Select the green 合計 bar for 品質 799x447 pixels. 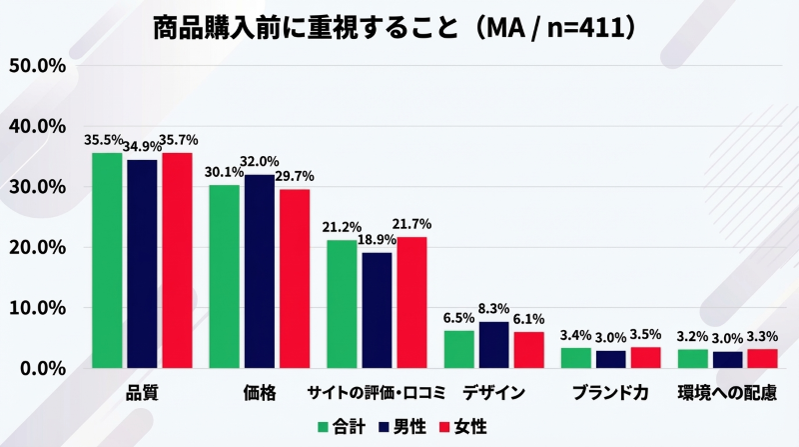pyautogui.click(x=107, y=260)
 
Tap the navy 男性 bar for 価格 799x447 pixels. pyautogui.click(x=260, y=271)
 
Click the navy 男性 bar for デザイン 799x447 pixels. pyautogui.click(x=493, y=345)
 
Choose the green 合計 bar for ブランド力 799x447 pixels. pyautogui.click(x=575, y=357)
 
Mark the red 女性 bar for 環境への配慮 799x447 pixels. pyautogui.click(x=762, y=358)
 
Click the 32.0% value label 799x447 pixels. pyautogui.click(x=260, y=162)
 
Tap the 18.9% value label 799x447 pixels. pyautogui.click(x=377, y=240)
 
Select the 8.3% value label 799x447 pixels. pyautogui.click(x=494, y=309)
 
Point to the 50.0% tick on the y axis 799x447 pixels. pyautogui.click(x=36, y=66)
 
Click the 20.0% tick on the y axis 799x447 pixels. pyautogui.click(x=36, y=247)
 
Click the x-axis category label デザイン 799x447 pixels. pyautogui.click(x=493, y=393)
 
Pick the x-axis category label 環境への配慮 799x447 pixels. pyautogui.click(x=726, y=393)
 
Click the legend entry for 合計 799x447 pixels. pyautogui.click(x=344, y=426)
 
